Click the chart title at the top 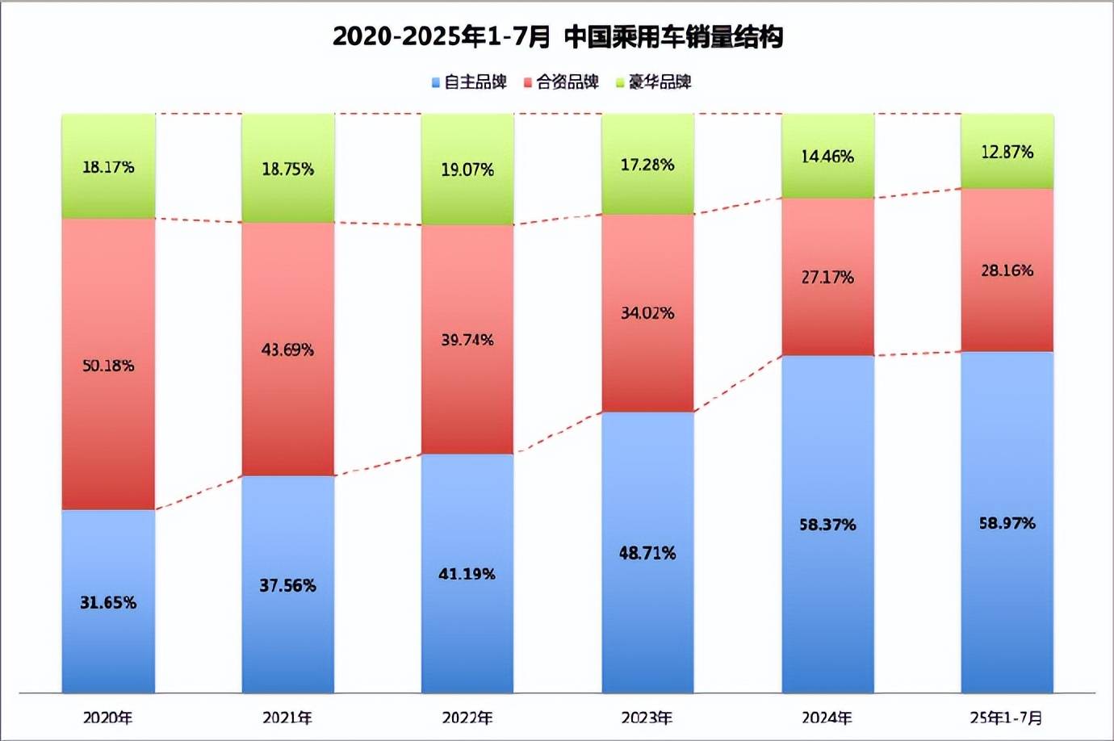pos(557,37)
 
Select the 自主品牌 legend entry pos(469,82)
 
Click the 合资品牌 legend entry pos(562,82)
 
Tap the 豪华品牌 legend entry pos(654,82)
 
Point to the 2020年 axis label pos(108,718)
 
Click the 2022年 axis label pos(467,718)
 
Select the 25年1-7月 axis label pos(1007,718)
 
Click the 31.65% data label pos(108,602)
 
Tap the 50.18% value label pos(108,366)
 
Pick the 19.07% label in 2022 pos(467,170)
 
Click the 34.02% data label pos(647,313)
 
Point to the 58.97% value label pos(1007,523)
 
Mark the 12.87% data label pos(1007,152)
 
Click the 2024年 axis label pos(827,718)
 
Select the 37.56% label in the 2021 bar pos(288,585)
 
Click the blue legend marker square pos(436,82)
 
